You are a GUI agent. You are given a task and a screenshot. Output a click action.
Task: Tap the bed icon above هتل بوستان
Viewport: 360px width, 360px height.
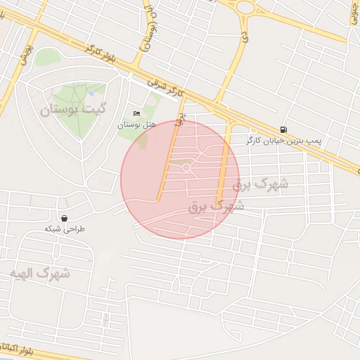[136, 114]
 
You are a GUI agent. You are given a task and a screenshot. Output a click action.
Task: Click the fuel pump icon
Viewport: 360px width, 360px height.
[283, 129]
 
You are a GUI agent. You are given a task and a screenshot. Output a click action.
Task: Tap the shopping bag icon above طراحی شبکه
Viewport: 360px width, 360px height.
[65, 218]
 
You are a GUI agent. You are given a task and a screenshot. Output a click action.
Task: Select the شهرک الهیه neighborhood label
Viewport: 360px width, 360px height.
[40, 273]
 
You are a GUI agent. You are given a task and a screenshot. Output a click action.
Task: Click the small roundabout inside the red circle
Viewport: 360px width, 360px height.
[186, 167]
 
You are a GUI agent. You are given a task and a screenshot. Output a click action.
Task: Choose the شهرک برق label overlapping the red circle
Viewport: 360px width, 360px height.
[216, 207]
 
